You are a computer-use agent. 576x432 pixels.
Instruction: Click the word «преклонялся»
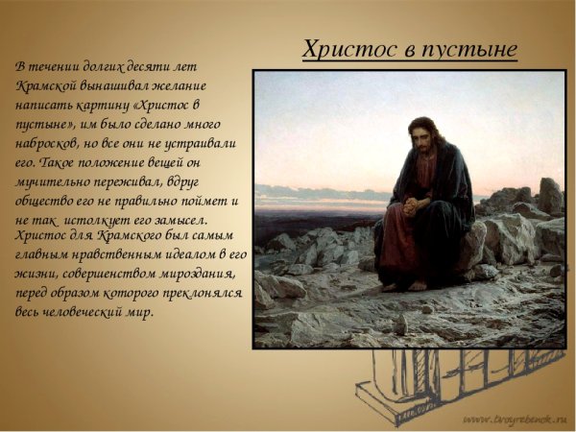[194, 293]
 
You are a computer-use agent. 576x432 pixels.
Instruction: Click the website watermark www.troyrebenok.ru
[514, 420]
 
